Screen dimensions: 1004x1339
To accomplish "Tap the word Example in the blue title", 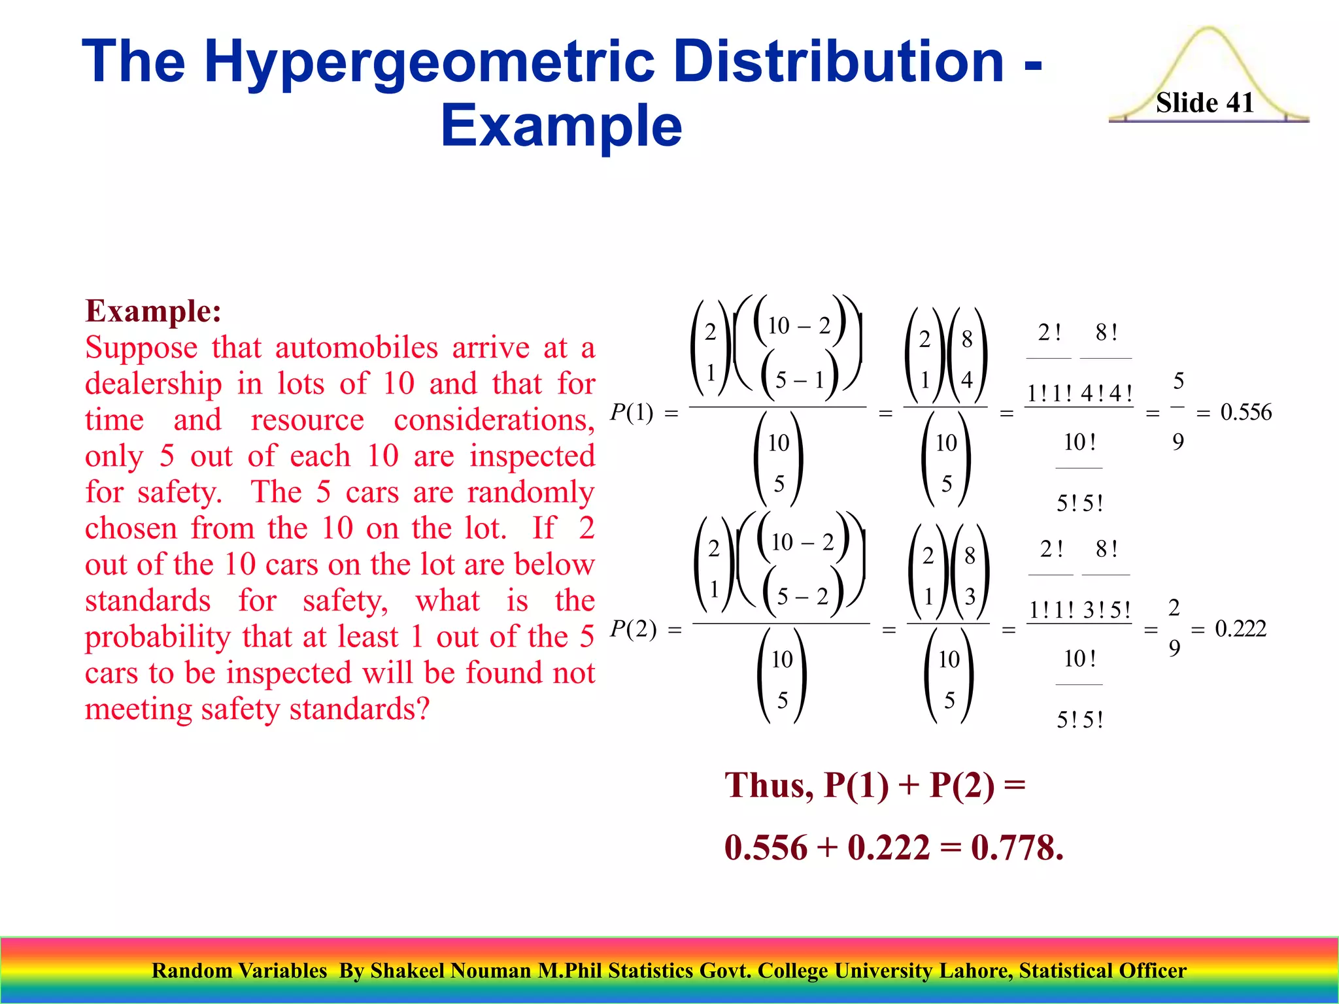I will click(561, 125).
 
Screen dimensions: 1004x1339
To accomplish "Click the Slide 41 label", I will click(1204, 103).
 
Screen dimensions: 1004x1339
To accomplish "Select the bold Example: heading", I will click(154, 311).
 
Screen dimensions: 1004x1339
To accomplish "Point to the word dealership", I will click(153, 384).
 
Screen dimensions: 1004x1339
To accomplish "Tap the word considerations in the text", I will click(494, 420).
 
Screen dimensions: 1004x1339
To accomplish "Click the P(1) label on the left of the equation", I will click(631, 412).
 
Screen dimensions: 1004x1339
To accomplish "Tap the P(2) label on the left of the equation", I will click(632, 629).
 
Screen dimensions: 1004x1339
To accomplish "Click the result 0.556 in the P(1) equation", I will click(1246, 412).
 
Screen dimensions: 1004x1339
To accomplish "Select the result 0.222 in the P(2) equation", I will click(1240, 629).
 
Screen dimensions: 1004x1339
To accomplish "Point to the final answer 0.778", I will click(1017, 848).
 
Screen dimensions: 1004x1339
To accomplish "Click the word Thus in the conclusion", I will click(769, 785).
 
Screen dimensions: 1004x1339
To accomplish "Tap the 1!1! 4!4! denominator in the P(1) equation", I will click(1079, 393).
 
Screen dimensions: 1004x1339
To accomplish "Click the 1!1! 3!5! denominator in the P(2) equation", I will click(1079, 610).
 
